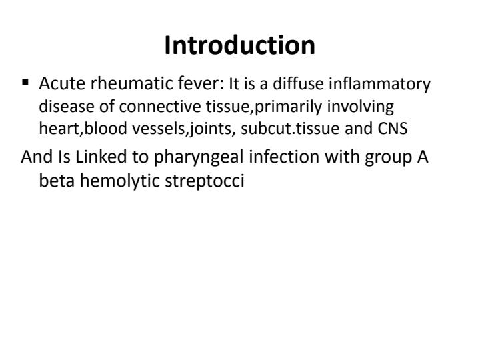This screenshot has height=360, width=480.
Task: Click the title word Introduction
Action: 240,45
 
